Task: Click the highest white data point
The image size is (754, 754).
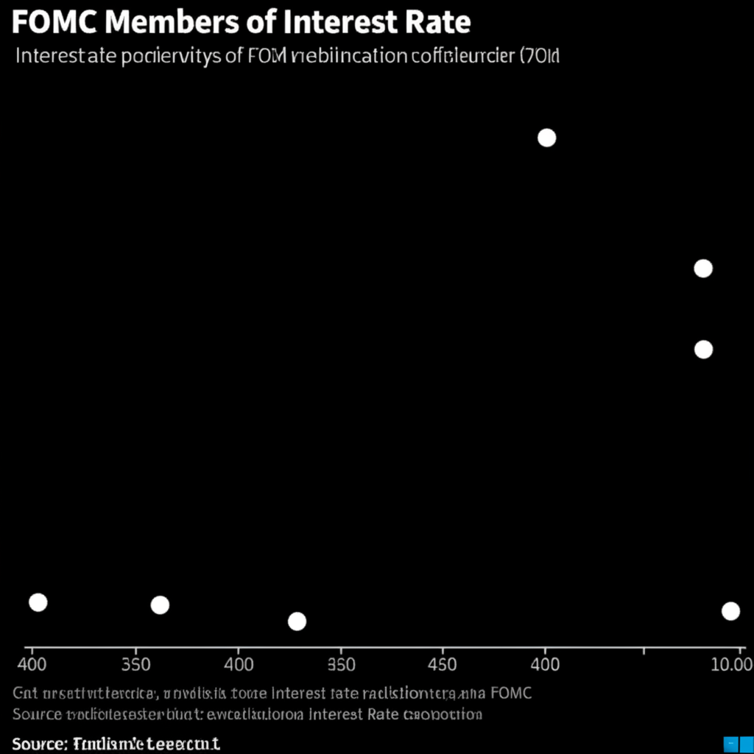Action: [x=546, y=138]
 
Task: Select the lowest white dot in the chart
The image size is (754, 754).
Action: [x=297, y=621]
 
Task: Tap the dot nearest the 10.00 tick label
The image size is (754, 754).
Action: [x=730, y=610]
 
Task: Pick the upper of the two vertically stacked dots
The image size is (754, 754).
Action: [x=703, y=268]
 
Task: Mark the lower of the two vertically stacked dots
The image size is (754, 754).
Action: [x=703, y=349]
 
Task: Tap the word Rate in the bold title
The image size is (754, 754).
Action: [x=439, y=23]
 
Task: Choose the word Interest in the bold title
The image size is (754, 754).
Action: [x=337, y=23]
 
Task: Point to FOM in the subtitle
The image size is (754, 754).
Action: [x=268, y=57]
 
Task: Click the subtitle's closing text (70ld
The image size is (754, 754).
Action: [x=540, y=57]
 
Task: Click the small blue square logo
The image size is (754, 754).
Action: [x=732, y=743]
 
